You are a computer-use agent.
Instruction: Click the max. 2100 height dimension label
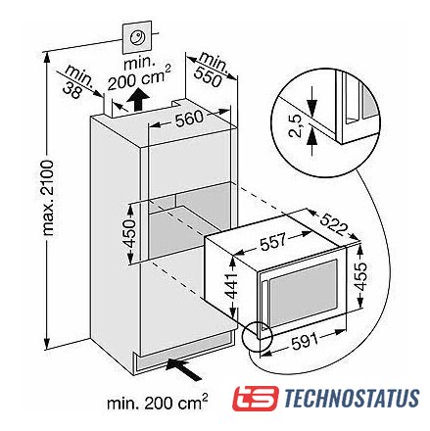pyautogui.click(x=48, y=198)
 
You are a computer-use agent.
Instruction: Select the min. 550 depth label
pyautogui.click(x=211, y=70)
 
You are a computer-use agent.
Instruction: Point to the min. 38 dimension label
pyautogui.click(x=76, y=81)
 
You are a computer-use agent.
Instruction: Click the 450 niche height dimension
pyautogui.click(x=128, y=232)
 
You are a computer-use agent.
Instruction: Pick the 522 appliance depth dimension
pyautogui.click(x=332, y=224)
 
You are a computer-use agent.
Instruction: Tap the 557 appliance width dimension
pyautogui.click(x=273, y=241)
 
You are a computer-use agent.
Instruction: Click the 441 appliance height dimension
pyautogui.click(x=231, y=286)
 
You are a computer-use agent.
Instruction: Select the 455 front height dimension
pyautogui.click(x=360, y=276)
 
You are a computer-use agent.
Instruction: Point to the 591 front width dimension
pyautogui.click(x=305, y=342)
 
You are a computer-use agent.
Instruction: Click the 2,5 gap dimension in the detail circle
pyautogui.click(x=296, y=126)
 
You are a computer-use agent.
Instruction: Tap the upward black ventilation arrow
pyautogui.click(x=139, y=99)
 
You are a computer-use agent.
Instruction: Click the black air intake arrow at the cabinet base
pyautogui.click(x=184, y=368)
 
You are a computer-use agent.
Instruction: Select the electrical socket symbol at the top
pyautogui.click(x=137, y=37)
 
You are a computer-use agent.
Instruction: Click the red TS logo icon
pyautogui.click(x=255, y=398)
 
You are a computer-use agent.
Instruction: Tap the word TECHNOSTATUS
pyautogui.click(x=352, y=398)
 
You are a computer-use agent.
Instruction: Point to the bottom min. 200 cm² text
pyautogui.click(x=158, y=403)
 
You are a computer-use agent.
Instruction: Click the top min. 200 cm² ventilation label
pyautogui.click(x=139, y=74)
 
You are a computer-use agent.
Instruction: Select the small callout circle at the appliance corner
pyautogui.click(x=258, y=337)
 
